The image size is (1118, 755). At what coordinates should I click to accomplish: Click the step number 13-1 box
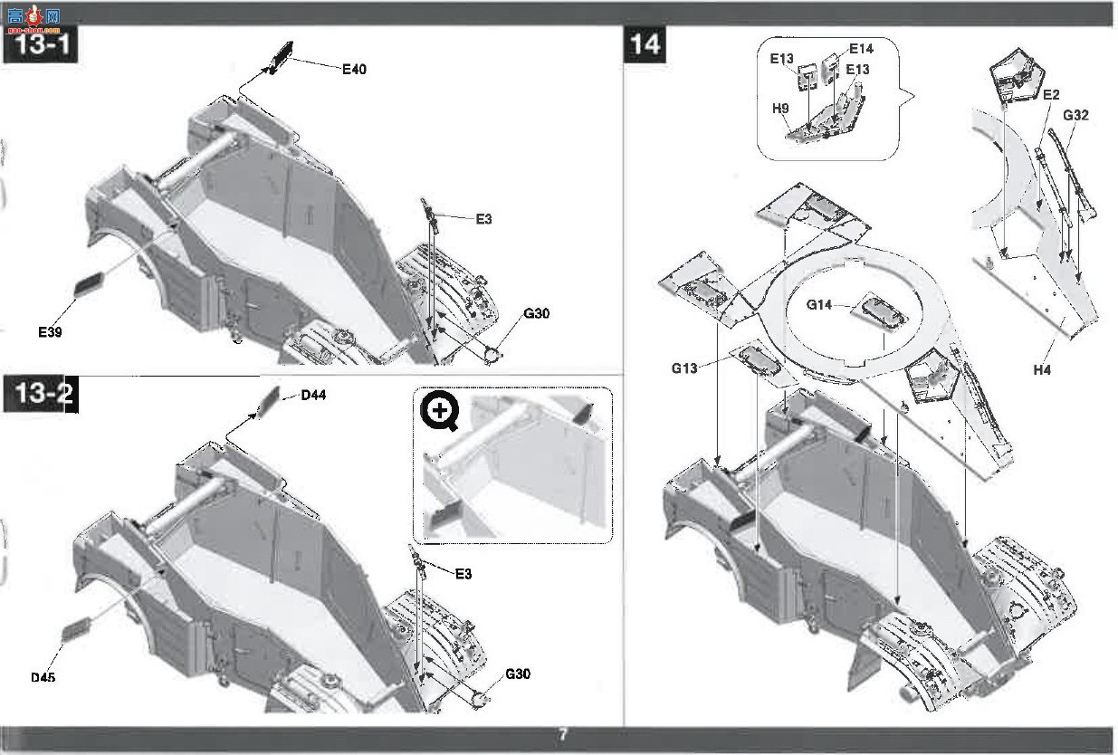pyautogui.click(x=41, y=44)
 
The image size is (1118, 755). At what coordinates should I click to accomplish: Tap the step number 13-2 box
pyautogui.click(x=41, y=394)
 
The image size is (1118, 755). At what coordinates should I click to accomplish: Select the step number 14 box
pyautogui.click(x=645, y=44)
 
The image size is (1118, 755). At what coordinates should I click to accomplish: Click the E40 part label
pyautogui.click(x=354, y=69)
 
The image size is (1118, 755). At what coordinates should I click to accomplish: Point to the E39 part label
pyautogui.click(x=50, y=332)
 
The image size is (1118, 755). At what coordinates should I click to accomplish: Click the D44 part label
pyautogui.click(x=313, y=396)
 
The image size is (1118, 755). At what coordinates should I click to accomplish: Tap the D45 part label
pyautogui.click(x=43, y=677)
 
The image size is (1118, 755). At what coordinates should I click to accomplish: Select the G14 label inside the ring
pyautogui.click(x=819, y=304)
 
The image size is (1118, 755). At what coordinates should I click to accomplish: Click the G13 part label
pyautogui.click(x=684, y=368)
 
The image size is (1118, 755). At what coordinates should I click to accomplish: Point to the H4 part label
pyautogui.click(x=1042, y=369)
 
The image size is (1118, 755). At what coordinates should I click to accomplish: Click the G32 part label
pyautogui.click(x=1075, y=115)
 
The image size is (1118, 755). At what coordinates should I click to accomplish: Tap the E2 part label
pyautogui.click(x=1051, y=94)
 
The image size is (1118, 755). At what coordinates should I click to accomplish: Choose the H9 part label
pyautogui.click(x=780, y=109)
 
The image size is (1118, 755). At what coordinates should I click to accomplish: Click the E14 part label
pyautogui.click(x=861, y=48)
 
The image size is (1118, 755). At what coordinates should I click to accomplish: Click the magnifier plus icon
pyautogui.click(x=440, y=411)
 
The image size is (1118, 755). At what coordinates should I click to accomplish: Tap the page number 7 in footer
pyautogui.click(x=562, y=734)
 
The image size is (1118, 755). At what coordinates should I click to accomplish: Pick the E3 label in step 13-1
pyautogui.click(x=483, y=219)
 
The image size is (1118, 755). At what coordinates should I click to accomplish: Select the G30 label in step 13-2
pyautogui.click(x=518, y=674)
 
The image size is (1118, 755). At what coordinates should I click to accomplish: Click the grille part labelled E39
pyautogui.click(x=90, y=284)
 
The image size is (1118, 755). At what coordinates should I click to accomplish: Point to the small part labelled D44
pyautogui.click(x=270, y=402)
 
